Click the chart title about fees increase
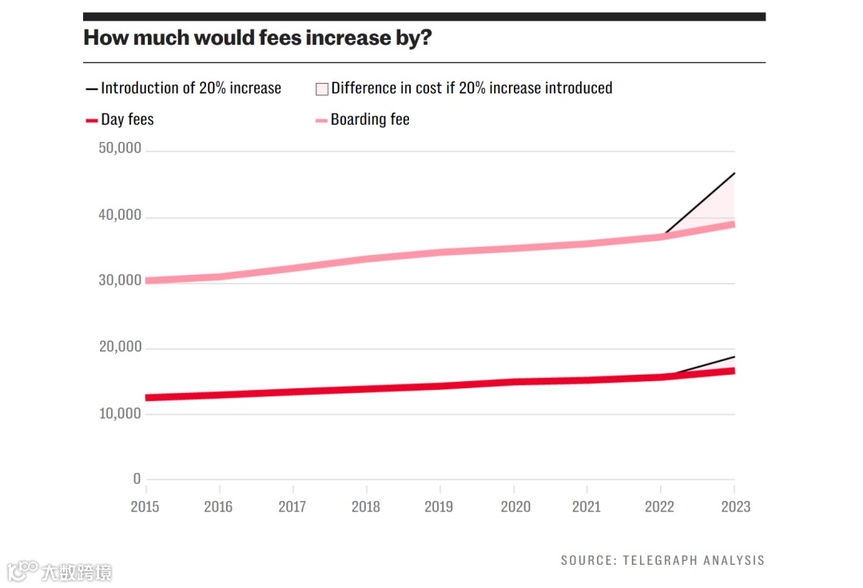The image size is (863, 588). click(257, 38)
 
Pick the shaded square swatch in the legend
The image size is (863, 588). click(322, 89)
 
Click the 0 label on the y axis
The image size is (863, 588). click(137, 479)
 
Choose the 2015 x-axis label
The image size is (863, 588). click(145, 507)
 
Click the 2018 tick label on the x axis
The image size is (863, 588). click(366, 507)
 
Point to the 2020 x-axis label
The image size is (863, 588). click(514, 507)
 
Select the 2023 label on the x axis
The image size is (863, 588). click(734, 507)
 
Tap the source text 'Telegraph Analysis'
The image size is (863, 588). click(662, 561)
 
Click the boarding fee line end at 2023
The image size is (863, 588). click(733, 224)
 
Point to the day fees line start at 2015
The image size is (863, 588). click(148, 397)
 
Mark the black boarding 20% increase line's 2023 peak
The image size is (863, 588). click(734, 173)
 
